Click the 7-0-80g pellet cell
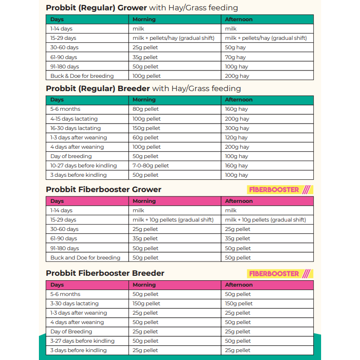click(x=151, y=165)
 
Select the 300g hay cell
click(x=237, y=128)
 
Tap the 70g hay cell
click(x=235, y=57)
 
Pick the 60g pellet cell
click(x=146, y=137)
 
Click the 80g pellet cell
click(x=146, y=109)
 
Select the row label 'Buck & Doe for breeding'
click(x=82, y=76)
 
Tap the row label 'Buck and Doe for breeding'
click(x=85, y=258)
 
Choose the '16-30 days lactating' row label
click(x=75, y=128)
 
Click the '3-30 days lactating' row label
click(x=74, y=303)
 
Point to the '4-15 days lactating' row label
click(x=74, y=119)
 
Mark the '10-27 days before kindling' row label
click(x=83, y=165)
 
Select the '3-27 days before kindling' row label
click(x=82, y=341)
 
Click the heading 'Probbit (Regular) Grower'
click(x=96, y=7)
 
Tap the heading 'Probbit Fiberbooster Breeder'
click(x=105, y=273)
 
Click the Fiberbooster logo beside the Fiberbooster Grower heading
click(x=280, y=190)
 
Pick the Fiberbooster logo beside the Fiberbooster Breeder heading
click(x=280, y=273)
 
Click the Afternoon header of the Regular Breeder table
click(x=239, y=100)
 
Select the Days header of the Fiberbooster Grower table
click(x=57, y=201)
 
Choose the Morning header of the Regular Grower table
click(x=144, y=20)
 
